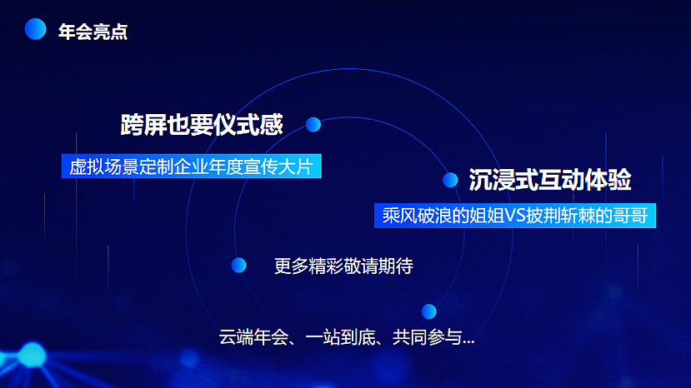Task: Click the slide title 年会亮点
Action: click(x=93, y=32)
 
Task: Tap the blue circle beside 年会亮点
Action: click(x=36, y=29)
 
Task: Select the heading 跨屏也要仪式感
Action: click(x=202, y=126)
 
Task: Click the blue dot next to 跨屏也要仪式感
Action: click(x=313, y=124)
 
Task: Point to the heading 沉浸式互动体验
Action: click(x=549, y=180)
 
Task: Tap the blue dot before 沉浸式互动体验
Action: click(x=450, y=180)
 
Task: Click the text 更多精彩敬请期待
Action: click(x=343, y=267)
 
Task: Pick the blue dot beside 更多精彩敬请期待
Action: click(x=239, y=265)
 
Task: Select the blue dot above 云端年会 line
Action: click(x=428, y=311)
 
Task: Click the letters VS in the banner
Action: click(x=514, y=215)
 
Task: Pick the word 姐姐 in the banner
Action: click(x=483, y=215)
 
